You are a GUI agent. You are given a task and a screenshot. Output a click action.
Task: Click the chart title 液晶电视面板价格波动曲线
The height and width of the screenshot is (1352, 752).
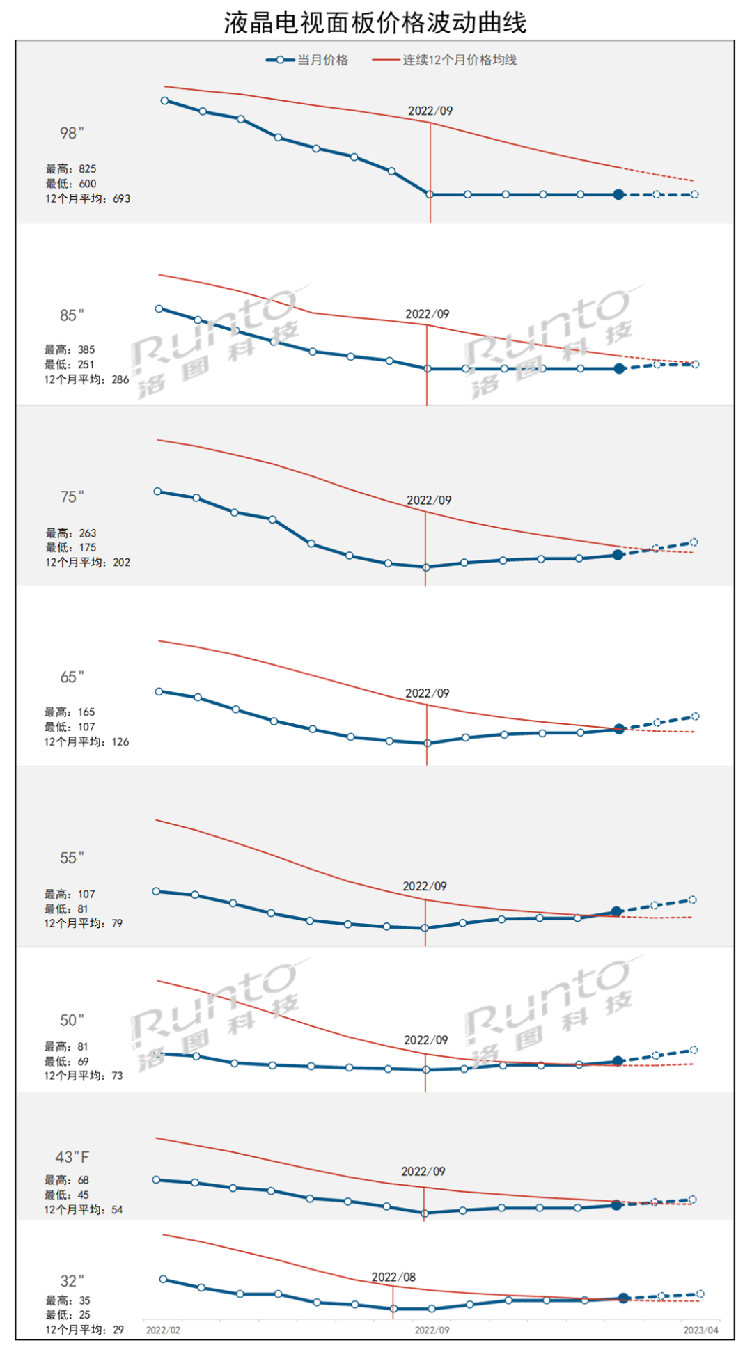point(375,23)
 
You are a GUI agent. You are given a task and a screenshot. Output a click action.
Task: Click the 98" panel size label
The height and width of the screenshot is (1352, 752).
point(72,133)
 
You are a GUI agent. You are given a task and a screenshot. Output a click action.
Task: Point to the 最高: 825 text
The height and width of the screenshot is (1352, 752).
point(71,168)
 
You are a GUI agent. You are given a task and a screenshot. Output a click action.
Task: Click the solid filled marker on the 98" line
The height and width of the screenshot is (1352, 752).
point(618,195)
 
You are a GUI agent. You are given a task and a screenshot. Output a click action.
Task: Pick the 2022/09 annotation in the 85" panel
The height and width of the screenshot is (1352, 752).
point(428,314)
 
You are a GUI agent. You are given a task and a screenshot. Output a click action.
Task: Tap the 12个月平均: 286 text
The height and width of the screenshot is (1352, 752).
point(87,379)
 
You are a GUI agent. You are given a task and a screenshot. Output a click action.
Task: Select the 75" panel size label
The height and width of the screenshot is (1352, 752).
point(72,497)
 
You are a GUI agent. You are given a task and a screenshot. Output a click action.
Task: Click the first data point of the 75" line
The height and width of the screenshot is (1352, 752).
point(157,492)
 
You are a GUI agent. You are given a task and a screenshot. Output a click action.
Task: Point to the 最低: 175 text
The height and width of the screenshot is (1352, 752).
point(71,547)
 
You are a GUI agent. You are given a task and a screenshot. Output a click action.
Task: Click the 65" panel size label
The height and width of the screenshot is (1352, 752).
point(72,677)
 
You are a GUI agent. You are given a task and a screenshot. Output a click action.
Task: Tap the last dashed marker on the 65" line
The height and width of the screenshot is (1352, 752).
point(695,716)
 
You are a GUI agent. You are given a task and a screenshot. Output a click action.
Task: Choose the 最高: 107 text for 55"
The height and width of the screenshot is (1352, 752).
point(70,894)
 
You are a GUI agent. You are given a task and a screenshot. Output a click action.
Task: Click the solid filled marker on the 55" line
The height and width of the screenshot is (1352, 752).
point(616,911)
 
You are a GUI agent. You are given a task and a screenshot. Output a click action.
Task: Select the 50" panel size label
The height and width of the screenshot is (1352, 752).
point(72,1021)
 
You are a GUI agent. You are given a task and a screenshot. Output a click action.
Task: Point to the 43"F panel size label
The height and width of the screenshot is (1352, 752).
point(72,1157)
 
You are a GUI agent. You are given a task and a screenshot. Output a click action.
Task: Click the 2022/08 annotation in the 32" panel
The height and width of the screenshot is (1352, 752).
point(393,1277)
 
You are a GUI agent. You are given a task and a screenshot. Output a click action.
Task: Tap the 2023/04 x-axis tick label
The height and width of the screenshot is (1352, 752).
point(700,1330)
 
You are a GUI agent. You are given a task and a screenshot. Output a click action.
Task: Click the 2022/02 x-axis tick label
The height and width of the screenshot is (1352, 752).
point(163,1330)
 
